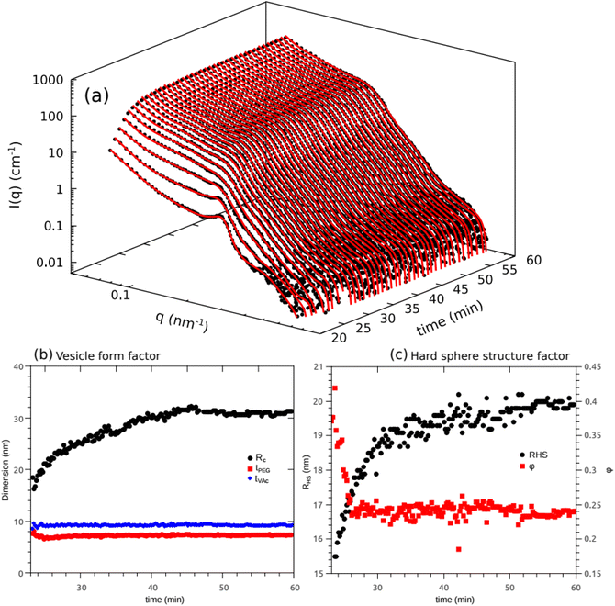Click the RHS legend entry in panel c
point(536,454)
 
